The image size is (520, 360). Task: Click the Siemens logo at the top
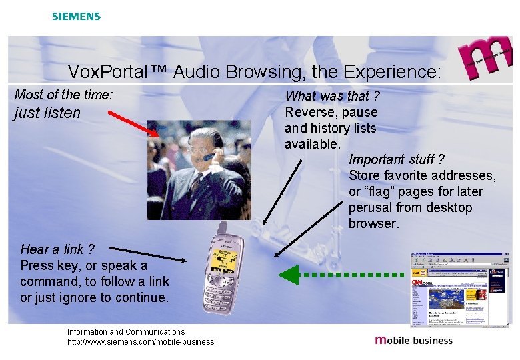pyautogui.click(x=76, y=16)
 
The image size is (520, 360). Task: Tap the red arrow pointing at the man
pyautogui.click(x=133, y=123)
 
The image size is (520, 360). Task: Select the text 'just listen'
pyautogui.click(x=47, y=113)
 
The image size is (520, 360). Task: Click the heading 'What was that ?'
pyautogui.click(x=332, y=96)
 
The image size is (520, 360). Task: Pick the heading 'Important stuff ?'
pyautogui.click(x=396, y=159)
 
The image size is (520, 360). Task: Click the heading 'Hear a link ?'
pyautogui.click(x=57, y=249)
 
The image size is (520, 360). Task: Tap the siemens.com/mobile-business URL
pyautogui.click(x=141, y=342)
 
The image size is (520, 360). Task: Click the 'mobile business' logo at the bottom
pyautogui.click(x=414, y=340)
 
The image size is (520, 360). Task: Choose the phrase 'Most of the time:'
pyautogui.click(x=63, y=95)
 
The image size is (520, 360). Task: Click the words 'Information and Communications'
pyautogui.click(x=126, y=331)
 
